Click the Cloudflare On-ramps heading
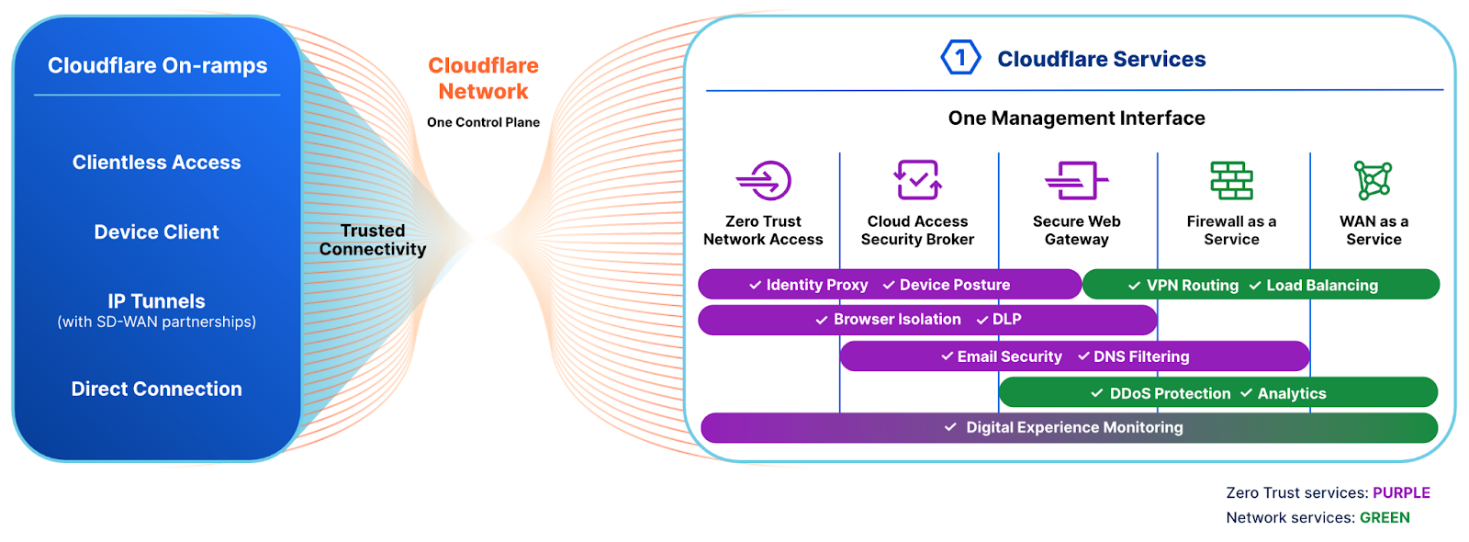[157, 65]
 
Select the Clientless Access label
[157, 163]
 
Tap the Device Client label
[157, 232]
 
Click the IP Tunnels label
[157, 301]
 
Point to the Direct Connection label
[157, 389]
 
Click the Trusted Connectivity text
[373, 240]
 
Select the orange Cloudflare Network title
[483, 78]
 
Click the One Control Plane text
[483, 122]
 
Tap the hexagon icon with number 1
[960, 58]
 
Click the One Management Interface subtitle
[1076, 119]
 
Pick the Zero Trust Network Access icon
[764, 180]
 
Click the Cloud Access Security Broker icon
[917, 179]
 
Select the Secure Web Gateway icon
[1076, 180]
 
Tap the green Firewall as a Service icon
[1231, 180]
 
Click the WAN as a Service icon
[1374, 180]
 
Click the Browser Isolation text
[896, 320]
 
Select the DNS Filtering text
[1140, 356]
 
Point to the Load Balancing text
[1321, 286]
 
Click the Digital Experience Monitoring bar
[1070, 428]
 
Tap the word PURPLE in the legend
[1401, 493]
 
